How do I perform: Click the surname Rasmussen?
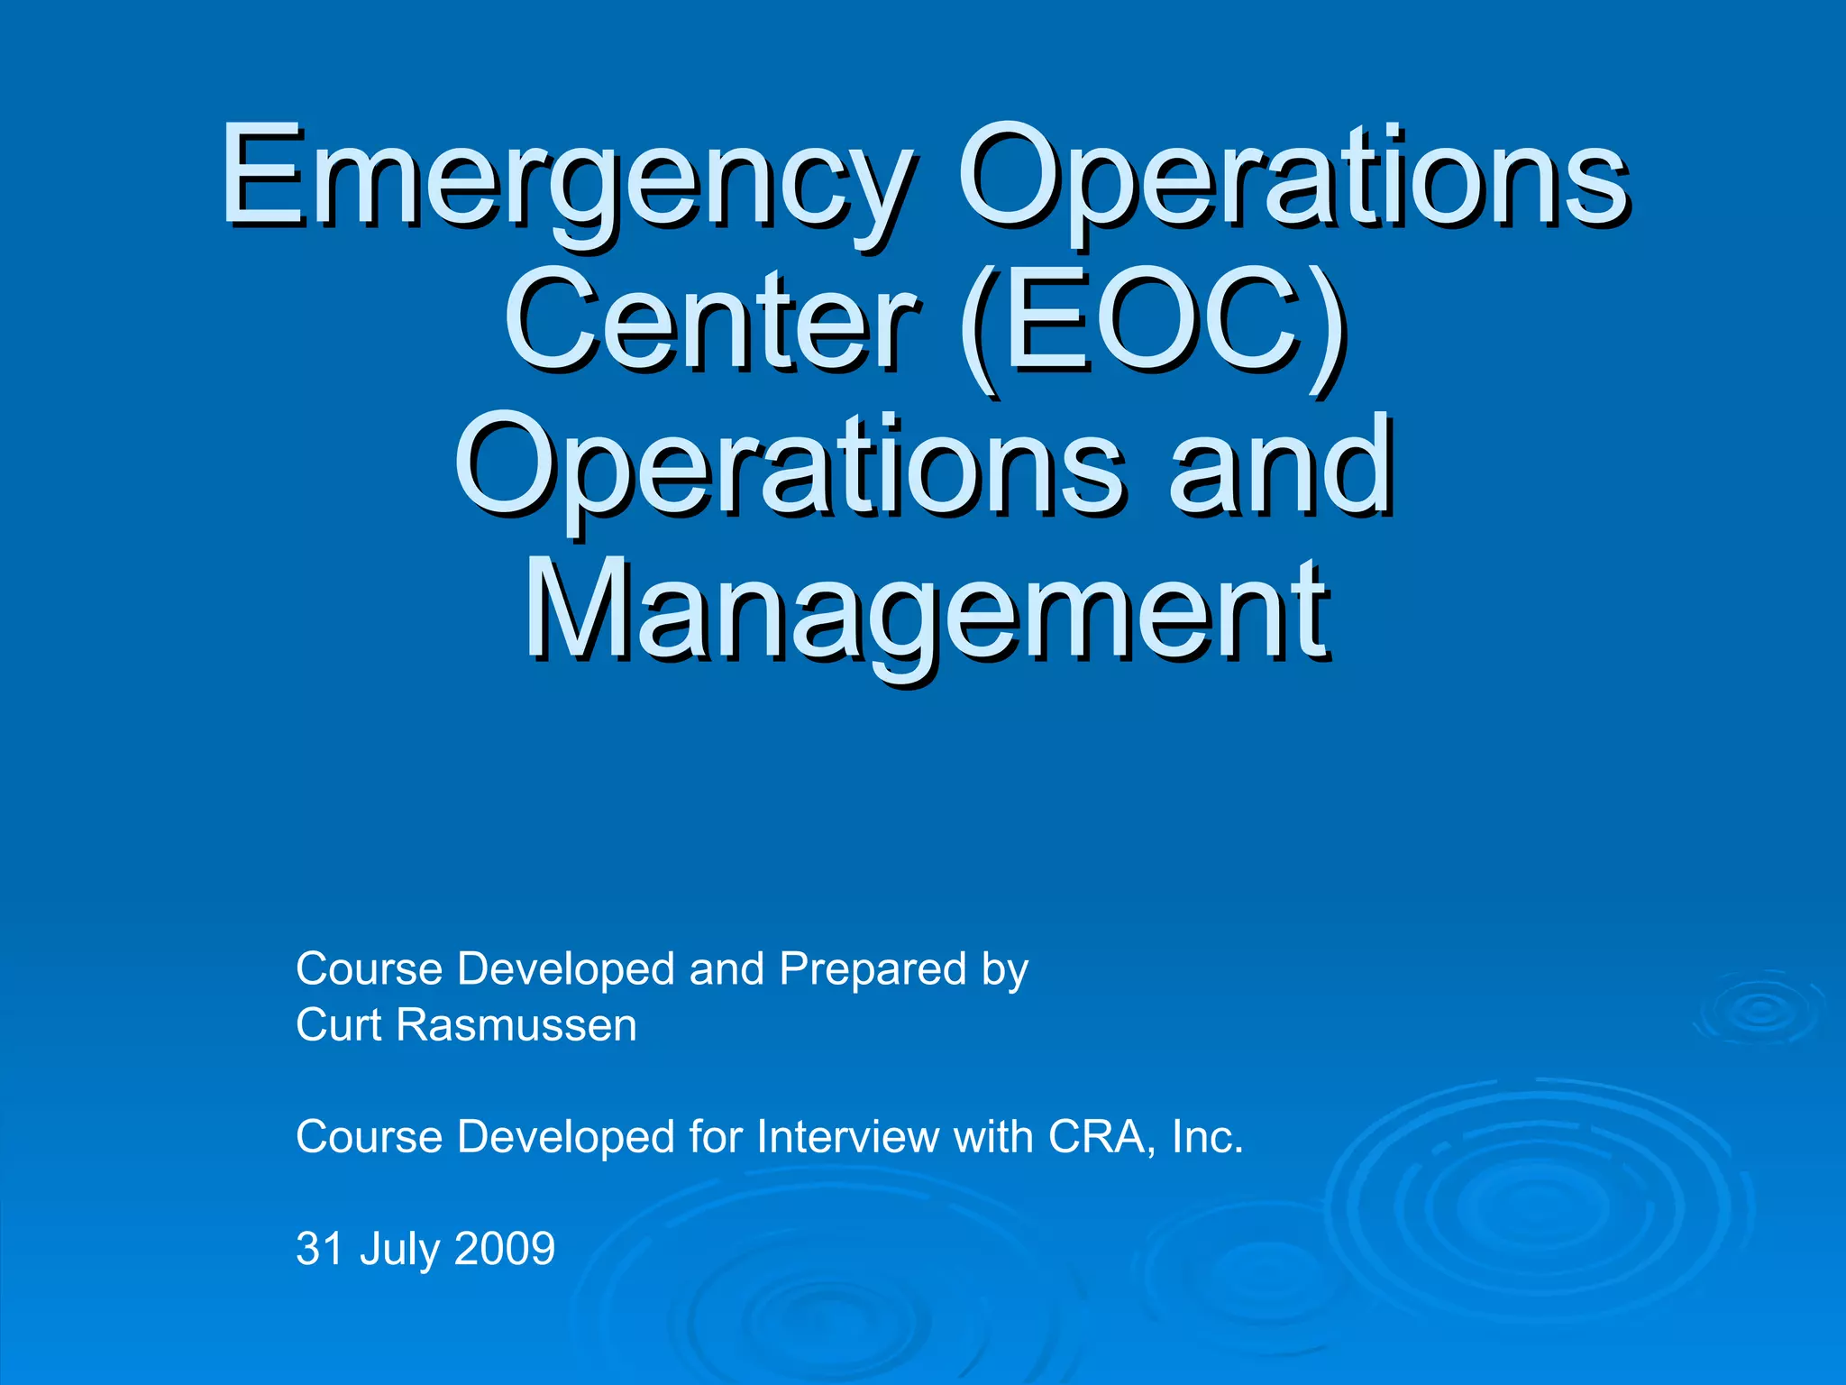click(x=516, y=1025)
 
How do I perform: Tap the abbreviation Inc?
click(x=1207, y=1137)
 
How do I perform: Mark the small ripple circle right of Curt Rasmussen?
click(x=1759, y=1010)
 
